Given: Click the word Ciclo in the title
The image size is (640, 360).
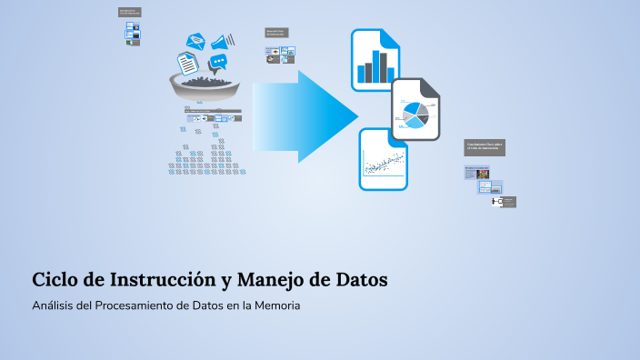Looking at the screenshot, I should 55,279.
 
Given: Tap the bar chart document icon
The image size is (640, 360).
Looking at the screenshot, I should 375,59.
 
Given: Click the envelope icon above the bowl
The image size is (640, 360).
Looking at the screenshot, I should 196,41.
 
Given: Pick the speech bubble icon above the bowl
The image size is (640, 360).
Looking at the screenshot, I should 218,62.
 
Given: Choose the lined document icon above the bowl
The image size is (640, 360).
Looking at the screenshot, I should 186,63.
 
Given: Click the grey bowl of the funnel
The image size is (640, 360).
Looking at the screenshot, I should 205,88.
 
